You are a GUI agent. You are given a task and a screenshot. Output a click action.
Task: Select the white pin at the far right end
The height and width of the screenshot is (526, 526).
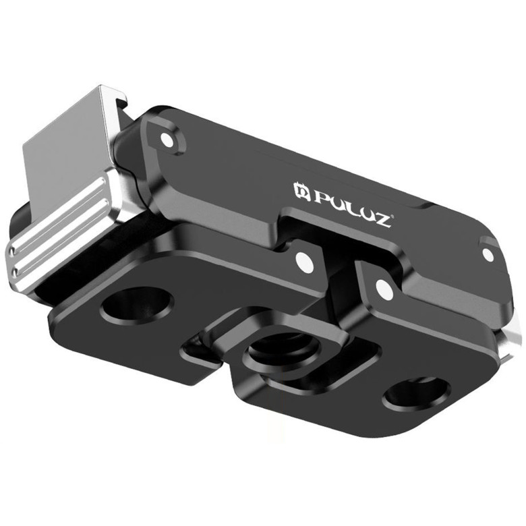(x=488, y=254)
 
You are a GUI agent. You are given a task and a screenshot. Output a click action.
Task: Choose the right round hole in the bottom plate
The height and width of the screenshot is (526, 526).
(x=416, y=394)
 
